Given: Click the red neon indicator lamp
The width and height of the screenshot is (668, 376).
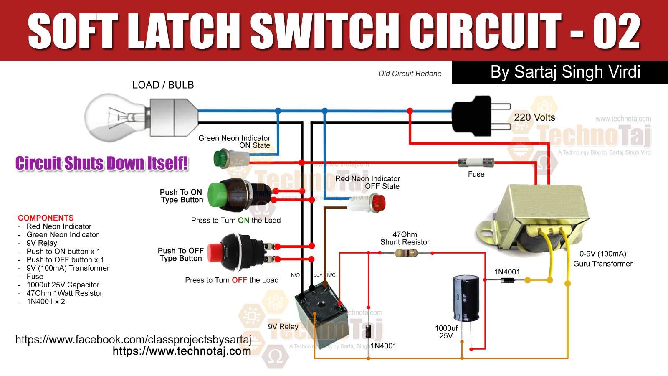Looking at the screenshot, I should click(x=378, y=204).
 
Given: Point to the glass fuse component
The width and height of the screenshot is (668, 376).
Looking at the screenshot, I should click(x=476, y=162).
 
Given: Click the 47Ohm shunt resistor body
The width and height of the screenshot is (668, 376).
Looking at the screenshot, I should click(x=406, y=253).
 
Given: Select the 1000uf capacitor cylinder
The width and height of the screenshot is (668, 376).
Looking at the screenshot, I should click(x=466, y=298).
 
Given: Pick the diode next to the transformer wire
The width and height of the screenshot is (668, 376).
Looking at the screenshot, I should click(x=507, y=280).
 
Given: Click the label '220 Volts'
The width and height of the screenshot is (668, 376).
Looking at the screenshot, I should click(x=534, y=117).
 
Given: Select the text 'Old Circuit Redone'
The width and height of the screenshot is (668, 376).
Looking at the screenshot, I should click(x=410, y=74).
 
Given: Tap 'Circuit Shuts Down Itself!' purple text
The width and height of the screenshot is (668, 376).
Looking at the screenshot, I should click(x=101, y=163).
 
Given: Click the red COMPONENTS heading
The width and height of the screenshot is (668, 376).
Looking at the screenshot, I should click(x=46, y=218).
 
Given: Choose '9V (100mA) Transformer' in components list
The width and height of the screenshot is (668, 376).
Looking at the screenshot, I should click(x=68, y=268).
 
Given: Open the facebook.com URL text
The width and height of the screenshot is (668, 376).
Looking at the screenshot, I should click(x=133, y=339).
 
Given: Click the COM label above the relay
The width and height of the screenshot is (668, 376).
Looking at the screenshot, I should click(x=318, y=275).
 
